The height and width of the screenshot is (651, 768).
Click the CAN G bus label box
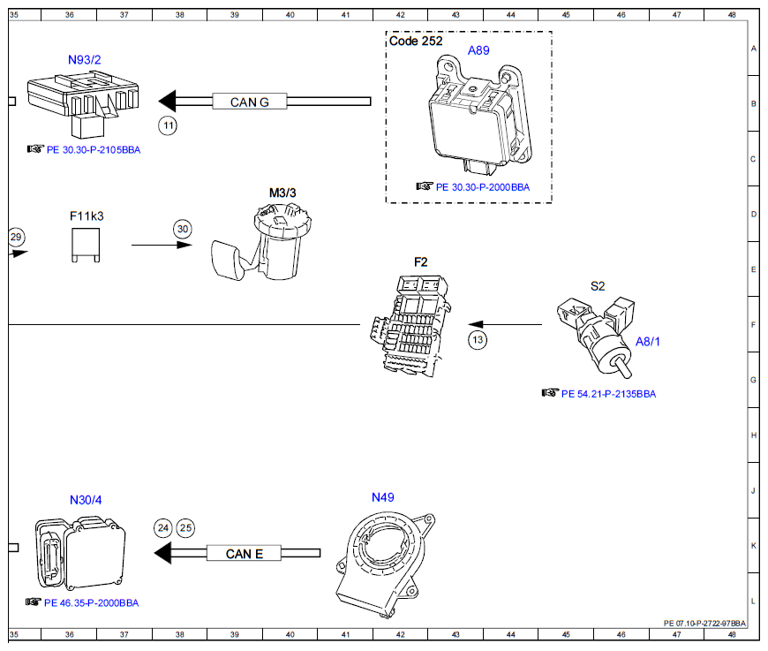pyautogui.click(x=249, y=102)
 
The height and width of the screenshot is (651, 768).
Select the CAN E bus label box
pyautogui.click(x=244, y=553)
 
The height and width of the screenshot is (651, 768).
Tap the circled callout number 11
pyautogui.click(x=168, y=125)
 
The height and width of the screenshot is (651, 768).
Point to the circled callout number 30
pyautogui.click(x=183, y=229)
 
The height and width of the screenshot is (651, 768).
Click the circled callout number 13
pyautogui.click(x=478, y=340)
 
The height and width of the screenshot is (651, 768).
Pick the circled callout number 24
pyautogui.click(x=163, y=528)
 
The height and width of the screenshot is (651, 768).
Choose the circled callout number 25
pyautogui.click(x=185, y=528)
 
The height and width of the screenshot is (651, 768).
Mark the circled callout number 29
pyautogui.click(x=16, y=238)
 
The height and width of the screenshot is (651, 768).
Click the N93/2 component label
pyautogui.click(x=84, y=60)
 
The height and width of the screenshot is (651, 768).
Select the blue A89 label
pyautogui.click(x=478, y=50)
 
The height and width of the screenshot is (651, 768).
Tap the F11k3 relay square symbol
pyautogui.click(x=86, y=245)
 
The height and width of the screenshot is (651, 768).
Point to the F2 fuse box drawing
pyautogui.click(x=410, y=325)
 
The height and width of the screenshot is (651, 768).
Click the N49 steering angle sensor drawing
pyautogui.click(x=386, y=564)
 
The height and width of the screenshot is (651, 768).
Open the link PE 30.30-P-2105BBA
pyautogui.click(x=94, y=150)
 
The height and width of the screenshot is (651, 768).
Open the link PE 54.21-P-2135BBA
pyautogui.click(x=608, y=394)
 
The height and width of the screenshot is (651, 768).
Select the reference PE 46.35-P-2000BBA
pyautogui.click(x=92, y=603)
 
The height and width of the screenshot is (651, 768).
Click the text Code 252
pyautogui.click(x=416, y=42)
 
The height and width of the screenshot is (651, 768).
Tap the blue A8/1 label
pyautogui.click(x=648, y=342)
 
